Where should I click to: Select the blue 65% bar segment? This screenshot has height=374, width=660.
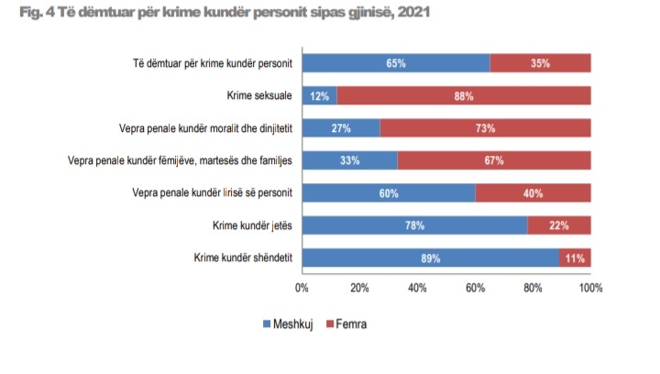(395, 63)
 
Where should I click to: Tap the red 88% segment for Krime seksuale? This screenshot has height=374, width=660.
(463, 95)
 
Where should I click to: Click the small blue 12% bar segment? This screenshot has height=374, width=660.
(319, 95)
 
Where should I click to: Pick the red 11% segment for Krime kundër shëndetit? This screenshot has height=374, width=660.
(575, 258)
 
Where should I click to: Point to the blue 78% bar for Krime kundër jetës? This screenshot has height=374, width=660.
(414, 225)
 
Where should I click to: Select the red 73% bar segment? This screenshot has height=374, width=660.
(485, 127)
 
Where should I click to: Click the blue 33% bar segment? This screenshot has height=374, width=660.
(349, 160)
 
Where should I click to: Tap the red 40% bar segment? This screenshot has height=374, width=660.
(533, 193)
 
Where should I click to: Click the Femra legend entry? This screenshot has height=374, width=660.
(349, 324)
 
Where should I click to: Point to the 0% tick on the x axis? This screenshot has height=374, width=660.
(302, 288)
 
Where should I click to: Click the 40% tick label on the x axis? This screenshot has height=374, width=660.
(417, 288)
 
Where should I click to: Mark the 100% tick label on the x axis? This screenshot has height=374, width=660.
(590, 288)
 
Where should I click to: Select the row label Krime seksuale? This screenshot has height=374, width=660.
(258, 95)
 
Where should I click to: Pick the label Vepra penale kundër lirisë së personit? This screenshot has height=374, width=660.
(212, 193)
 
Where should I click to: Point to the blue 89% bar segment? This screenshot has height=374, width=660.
(430, 258)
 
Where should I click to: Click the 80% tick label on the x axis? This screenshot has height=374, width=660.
(533, 288)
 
